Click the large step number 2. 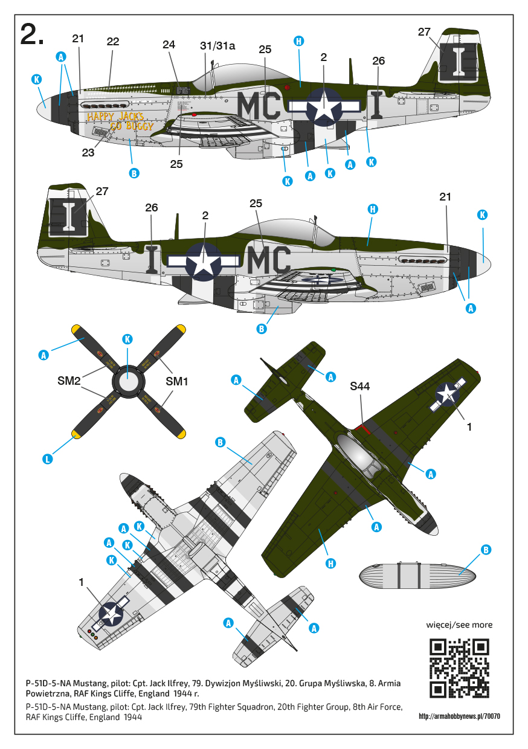pyautogui.click(x=32, y=34)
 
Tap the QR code pyautogui.click(x=459, y=668)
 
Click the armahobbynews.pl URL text pyautogui.click(x=460, y=716)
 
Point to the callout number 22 pyautogui.click(x=113, y=42)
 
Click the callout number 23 pyautogui.click(x=88, y=153)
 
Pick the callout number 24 pyautogui.click(x=169, y=45)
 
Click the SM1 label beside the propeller pyautogui.click(x=176, y=381)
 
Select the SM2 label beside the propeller pyautogui.click(x=69, y=381)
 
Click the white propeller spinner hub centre pyautogui.click(x=127, y=382)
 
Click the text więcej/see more pyautogui.click(x=459, y=625)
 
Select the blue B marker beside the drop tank pyautogui.click(x=486, y=550)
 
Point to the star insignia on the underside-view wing pyautogui.click(x=111, y=614)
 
